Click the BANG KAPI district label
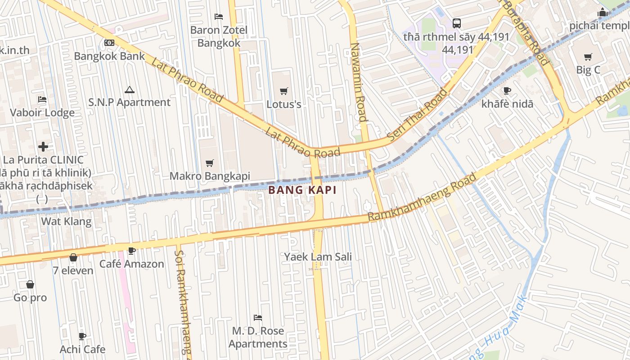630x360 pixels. pyautogui.click(x=302, y=190)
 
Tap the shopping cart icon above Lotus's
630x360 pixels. pyautogui.click(x=283, y=91)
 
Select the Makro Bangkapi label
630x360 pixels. pyautogui.click(x=210, y=176)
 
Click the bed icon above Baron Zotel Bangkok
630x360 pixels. pyautogui.click(x=219, y=17)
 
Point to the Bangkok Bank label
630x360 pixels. pyautogui.click(x=109, y=56)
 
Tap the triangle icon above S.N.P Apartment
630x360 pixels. pyautogui.click(x=130, y=90)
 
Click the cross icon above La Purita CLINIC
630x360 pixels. pyautogui.click(x=43, y=147)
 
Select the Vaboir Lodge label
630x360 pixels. pyautogui.click(x=42, y=112)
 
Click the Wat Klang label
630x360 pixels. pyautogui.click(x=66, y=221)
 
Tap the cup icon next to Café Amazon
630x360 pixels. pyautogui.click(x=131, y=251)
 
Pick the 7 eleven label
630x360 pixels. pyautogui.click(x=73, y=270)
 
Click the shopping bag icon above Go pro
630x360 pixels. pyautogui.click(x=30, y=284)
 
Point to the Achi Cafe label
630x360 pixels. pyautogui.click(x=82, y=349)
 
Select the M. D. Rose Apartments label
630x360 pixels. pyautogui.click(x=258, y=337)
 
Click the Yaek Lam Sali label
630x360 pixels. pyautogui.click(x=318, y=257)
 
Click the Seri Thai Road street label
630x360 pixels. pyautogui.click(x=418, y=115)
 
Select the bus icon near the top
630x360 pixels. pyautogui.click(x=456, y=23)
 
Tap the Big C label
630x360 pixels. pyautogui.click(x=588, y=70)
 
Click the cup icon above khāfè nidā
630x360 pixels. pyautogui.click(x=507, y=90)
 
